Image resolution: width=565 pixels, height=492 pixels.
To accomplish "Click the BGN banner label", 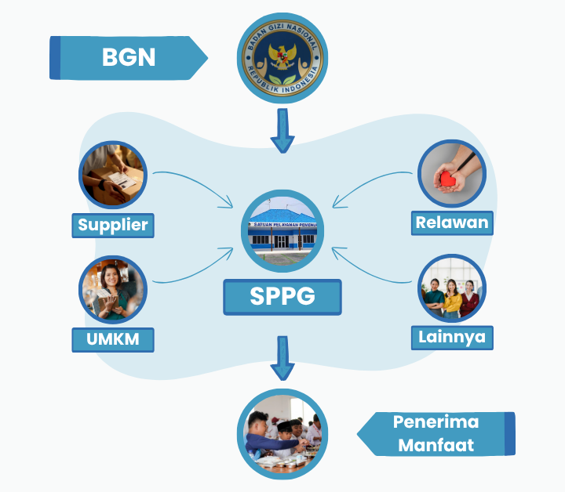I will [x=129, y=57].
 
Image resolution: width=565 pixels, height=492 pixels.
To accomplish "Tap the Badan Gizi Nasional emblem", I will [x=282, y=58].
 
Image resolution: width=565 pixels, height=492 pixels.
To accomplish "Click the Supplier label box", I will [x=113, y=226].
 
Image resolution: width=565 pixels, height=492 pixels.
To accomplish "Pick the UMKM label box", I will [x=113, y=340].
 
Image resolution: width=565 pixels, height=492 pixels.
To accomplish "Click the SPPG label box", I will [x=282, y=296].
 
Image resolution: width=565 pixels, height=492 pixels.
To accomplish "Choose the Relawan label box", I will [x=452, y=222].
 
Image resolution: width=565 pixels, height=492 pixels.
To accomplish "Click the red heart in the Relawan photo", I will [x=449, y=179].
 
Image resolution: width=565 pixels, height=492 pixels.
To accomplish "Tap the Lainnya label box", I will [x=451, y=338].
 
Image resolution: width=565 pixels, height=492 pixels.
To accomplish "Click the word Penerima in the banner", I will [x=436, y=422].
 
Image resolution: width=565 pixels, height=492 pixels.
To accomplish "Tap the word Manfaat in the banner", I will [x=436, y=445].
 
